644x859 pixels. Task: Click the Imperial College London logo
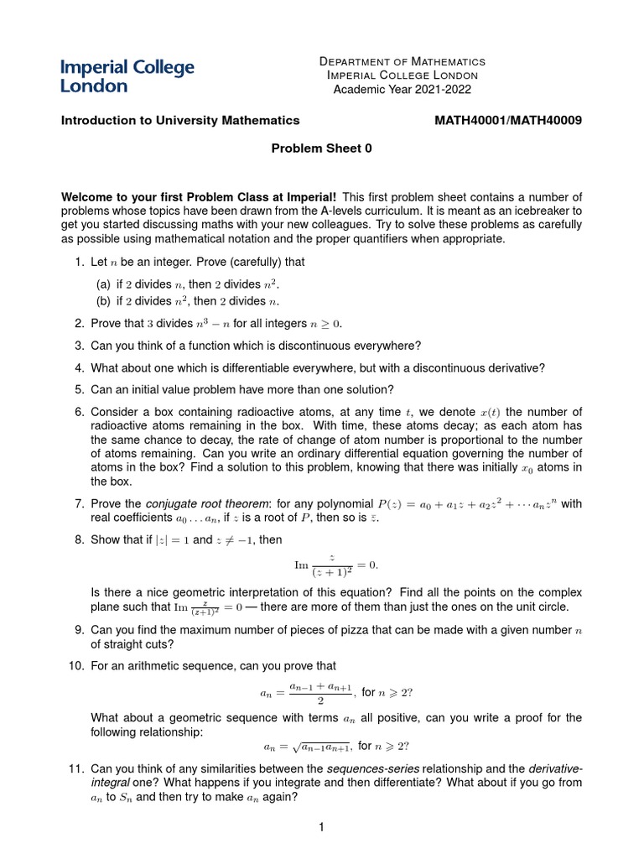coord(127,75)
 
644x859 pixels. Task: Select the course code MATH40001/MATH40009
coord(507,120)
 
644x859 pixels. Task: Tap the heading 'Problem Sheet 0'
coord(321,148)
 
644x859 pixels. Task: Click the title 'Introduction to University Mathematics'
coord(180,120)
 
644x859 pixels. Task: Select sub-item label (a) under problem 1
coord(104,285)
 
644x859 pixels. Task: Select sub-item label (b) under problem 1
coord(104,301)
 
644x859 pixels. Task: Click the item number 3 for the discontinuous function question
coord(79,345)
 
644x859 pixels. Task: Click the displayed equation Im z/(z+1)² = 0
coord(321,564)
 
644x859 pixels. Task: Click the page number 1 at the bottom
coord(321,829)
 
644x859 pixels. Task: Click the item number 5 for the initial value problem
coord(79,388)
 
